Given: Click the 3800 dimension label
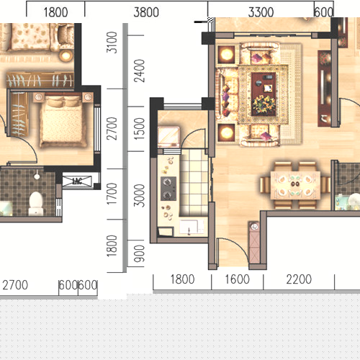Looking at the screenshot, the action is [x=146, y=12].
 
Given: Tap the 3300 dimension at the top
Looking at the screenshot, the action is [x=261, y=12].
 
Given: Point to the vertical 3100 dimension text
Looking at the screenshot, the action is [x=112, y=42].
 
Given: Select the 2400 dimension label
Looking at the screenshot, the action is [x=140, y=71].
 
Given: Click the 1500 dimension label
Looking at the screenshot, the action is [x=140, y=129].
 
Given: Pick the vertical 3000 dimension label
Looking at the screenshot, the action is [x=140, y=196].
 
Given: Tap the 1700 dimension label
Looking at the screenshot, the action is [x=112, y=194].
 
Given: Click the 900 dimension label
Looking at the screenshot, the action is [x=140, y=253].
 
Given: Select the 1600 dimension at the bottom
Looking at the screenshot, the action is [x=237, y=279].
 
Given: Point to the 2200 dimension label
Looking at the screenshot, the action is [x=299, y=279].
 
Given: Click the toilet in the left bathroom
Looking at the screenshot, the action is [x=36, y=203].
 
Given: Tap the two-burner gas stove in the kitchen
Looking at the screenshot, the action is [x=168, y=189].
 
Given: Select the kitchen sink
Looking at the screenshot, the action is [x=192, y=227].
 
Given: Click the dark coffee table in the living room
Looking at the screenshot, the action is [x=264, y=94].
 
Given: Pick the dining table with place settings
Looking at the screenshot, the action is [x=295, y=185].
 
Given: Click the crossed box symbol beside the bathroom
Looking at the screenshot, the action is [x=77, y=181].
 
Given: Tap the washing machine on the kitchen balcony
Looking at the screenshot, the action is [x=168, y=137].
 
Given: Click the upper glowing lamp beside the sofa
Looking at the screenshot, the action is [x=226, y=55].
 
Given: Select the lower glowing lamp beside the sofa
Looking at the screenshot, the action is [x=226, y=132].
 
